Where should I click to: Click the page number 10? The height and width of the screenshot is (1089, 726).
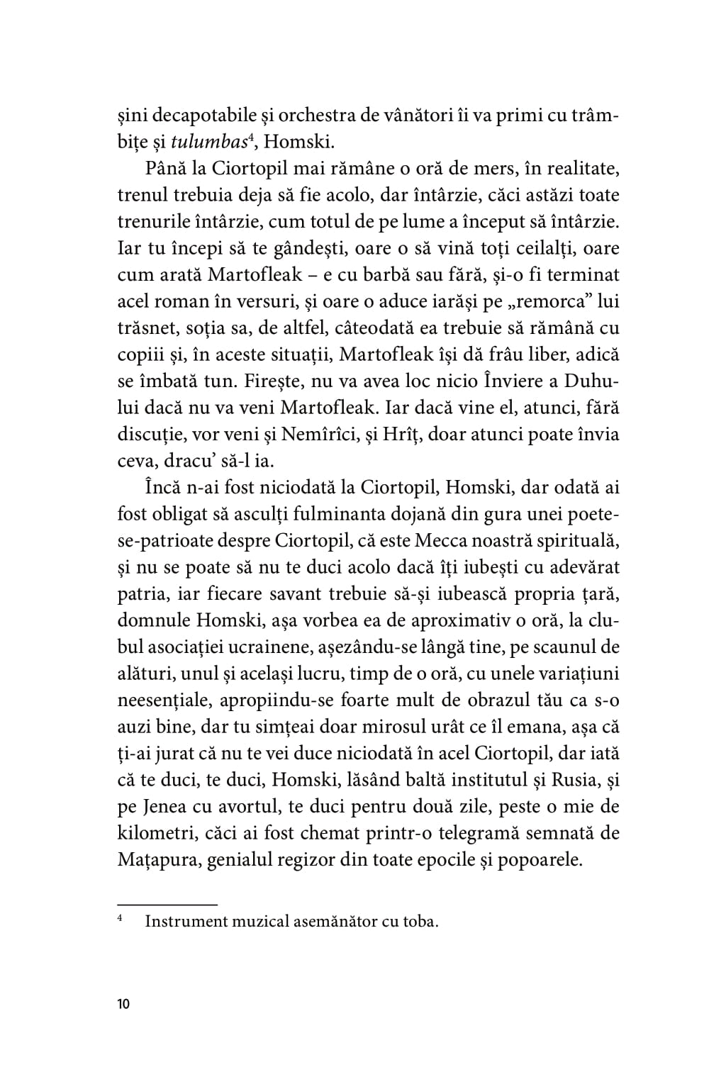tap(123, 1004)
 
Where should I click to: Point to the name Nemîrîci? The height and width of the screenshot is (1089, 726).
tap(343, 434)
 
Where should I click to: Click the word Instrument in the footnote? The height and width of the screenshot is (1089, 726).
tap(189, 922)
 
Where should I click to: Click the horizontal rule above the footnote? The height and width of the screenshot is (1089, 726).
tap(167, 905)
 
